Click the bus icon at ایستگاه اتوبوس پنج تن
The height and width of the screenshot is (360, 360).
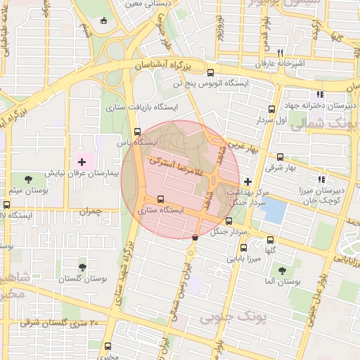210,72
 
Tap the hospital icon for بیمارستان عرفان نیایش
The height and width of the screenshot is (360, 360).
82,162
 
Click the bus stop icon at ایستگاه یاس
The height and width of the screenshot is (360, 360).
137,131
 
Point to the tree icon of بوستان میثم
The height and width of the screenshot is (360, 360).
28,180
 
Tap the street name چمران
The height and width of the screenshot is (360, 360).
91,210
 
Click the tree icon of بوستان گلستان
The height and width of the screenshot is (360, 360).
82,267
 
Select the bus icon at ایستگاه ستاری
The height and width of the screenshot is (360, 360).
161,198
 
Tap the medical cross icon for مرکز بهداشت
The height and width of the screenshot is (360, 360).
246,181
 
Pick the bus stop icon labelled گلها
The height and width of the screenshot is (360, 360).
270,240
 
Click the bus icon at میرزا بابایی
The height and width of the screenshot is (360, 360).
243,247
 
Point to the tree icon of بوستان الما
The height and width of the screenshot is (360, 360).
282,270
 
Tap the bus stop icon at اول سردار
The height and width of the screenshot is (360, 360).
272,109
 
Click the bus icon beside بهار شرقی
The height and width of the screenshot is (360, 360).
280,157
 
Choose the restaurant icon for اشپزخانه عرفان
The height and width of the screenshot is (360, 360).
280,53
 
